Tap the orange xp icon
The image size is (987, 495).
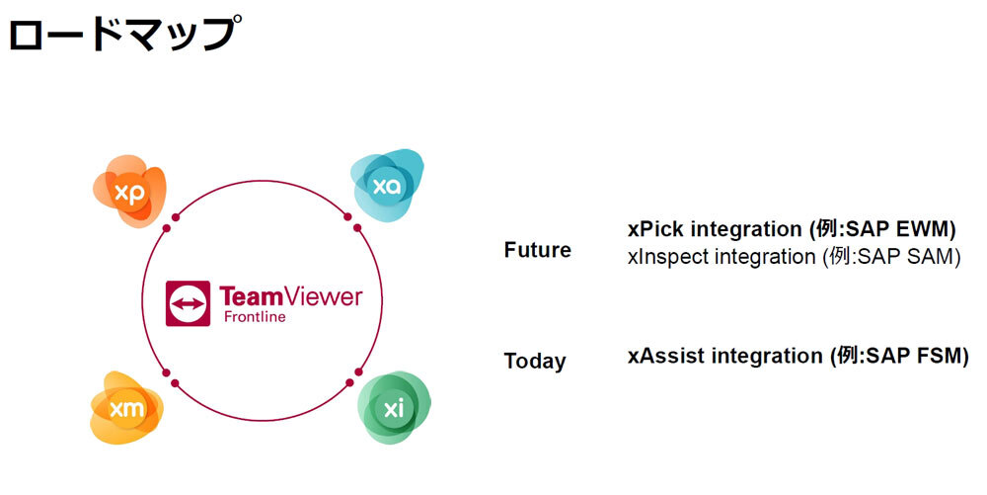(x=129, y=191)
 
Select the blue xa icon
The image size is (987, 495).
(x=387, y=186)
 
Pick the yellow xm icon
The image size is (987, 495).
(x=126, y=408)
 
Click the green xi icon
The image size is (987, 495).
(x=394, y=408)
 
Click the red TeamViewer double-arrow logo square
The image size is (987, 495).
(x=189, y=303)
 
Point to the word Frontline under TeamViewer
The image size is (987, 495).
(x=255, y=317)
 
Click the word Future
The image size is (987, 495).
(x=538, y=250)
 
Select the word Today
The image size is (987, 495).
(x=535, y=361)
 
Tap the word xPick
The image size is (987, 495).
(x=655, y=229)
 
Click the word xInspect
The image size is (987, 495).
(x=668, y=257)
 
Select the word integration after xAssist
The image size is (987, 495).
(x=767, y=356)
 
